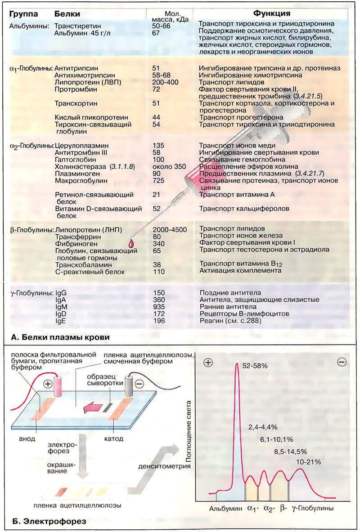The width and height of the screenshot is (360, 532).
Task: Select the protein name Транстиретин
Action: [x=75, y=26]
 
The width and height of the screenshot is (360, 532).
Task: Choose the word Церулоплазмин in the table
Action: [x=81, y=146]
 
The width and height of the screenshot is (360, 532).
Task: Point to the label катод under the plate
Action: [x=114, y=425]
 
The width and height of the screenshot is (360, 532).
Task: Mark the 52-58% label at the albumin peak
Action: [x=255, y=367]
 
